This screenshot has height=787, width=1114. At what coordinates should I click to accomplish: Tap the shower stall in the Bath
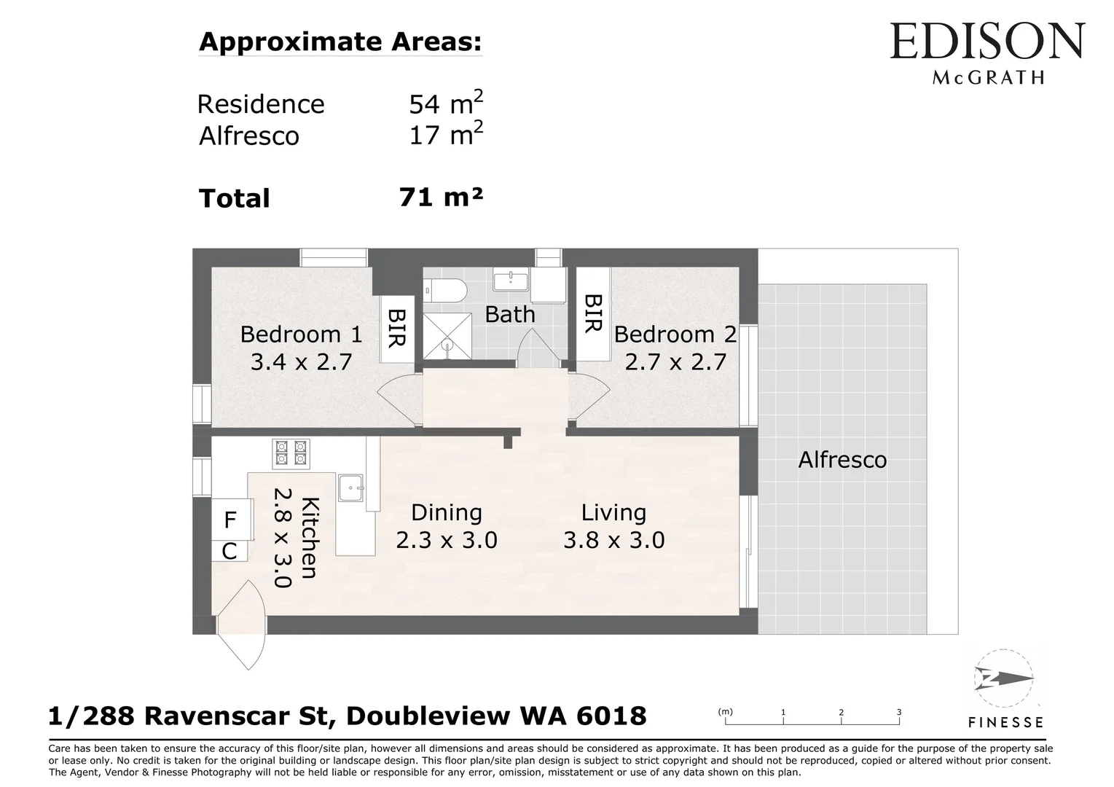(x=447, y=336)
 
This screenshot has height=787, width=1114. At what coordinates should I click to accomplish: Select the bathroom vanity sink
(x=511, y=279)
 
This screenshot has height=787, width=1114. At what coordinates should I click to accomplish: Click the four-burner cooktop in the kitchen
(x=291, y=453)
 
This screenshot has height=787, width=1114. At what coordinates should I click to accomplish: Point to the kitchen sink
(x=351, y=488)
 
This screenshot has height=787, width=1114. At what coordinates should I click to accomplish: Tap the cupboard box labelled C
(x=230, y=551)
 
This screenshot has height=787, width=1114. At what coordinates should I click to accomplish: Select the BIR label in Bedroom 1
(x=397, y=328)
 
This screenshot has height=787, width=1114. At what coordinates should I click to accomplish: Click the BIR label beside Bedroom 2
(x=593, y=313)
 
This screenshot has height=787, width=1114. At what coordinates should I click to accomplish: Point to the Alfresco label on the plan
(x=842, y=460)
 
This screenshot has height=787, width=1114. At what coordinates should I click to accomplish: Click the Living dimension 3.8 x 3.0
(x=613, y=540)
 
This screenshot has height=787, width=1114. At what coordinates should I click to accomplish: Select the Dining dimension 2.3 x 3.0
(x=447, y=540)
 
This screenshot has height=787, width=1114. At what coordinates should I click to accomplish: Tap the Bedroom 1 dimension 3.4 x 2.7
(x=301, y=361)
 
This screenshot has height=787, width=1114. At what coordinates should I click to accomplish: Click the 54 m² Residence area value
(x=446, y=103)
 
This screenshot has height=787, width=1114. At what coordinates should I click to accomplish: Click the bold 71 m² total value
(x=441, y=197)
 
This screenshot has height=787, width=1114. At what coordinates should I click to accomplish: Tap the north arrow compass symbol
(x=1003, y=678)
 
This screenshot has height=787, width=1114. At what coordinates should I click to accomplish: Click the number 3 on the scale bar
(x=898, y=713)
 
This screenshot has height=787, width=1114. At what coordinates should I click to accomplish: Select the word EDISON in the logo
(x=987, y=41)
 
